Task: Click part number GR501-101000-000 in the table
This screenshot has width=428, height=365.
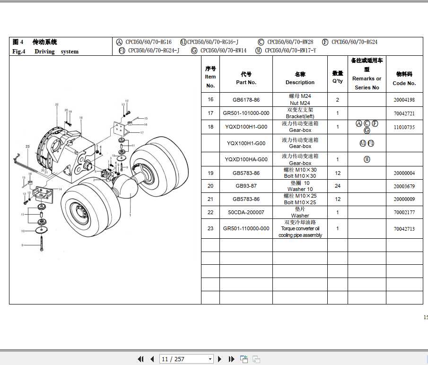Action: click(x=246, y=113)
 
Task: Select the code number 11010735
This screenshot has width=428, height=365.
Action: click(x=404, y=127)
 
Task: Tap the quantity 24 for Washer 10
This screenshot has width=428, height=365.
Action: click(x=338, y=186)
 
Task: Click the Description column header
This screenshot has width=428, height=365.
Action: click(x=300, y=78)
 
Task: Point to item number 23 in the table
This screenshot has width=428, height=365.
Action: click(x=210, y=228)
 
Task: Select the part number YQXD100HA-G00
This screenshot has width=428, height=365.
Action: click(x=246, y=159)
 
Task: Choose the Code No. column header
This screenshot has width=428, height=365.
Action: click(x=404, y=78)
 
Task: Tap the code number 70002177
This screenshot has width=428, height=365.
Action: click(x=404, y=212)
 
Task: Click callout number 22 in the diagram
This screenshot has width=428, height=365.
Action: click(x=56, y=104)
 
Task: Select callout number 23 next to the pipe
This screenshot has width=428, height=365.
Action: click(x=27, y=147)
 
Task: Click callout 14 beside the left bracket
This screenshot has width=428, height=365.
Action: click(x=60, y=189)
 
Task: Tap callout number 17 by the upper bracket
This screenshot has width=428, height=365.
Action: click(x=141, y=133)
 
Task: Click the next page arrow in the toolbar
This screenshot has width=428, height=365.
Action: click(x=221, y=359)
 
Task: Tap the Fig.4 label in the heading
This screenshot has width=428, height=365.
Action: click(x=18, y=52)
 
